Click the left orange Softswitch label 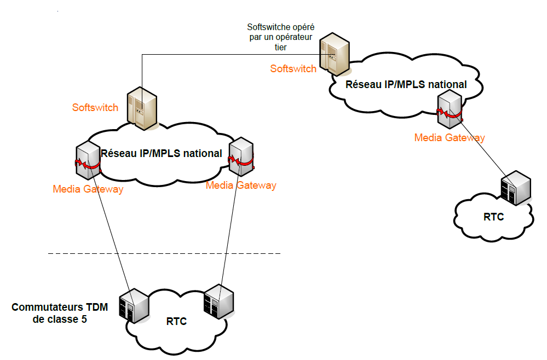pos(95,107)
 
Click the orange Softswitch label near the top pos(293,68)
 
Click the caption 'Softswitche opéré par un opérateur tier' pos(280,37)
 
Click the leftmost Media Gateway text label pos(88,189)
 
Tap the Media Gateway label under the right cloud pos(449,137)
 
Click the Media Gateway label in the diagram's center pos(241,185)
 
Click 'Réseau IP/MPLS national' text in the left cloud pos(161,153)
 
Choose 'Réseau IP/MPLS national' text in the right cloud pos(406,84)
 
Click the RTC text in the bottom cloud pos(176,321)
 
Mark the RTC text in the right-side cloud pos(493,217)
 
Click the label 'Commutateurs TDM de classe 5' pos(60,313)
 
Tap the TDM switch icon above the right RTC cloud pos(516,188)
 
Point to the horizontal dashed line pos(164,254)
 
